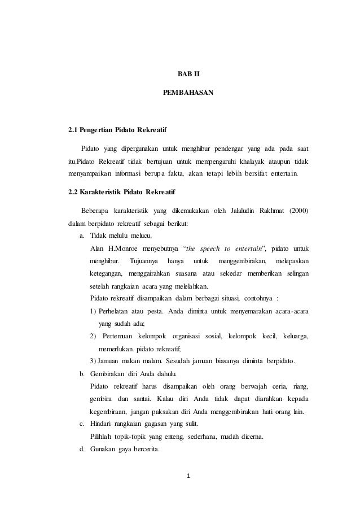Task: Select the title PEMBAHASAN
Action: [188, 91]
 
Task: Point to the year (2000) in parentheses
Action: [298, 212]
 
